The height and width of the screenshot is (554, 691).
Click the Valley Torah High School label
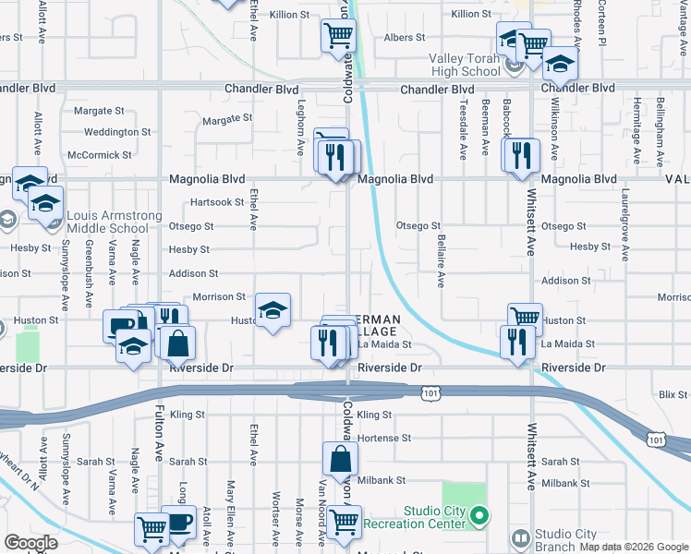[x=464, y=65]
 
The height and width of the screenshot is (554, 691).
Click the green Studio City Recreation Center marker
[x=479, y=516]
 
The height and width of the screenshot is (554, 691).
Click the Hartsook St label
[x=215, y=202]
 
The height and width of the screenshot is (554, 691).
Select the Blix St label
[x=673, y=394]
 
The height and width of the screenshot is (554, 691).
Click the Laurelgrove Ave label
[x=625, y=226]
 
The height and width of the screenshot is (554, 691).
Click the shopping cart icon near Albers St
[x=338, y=36]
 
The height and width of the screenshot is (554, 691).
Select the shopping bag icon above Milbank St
[x=341, y=457]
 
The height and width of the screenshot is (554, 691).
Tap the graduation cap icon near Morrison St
[x=273, y=310]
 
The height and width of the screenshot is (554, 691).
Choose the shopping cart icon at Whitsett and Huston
[x=525, y=318]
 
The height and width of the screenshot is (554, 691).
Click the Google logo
[x=31, y=544]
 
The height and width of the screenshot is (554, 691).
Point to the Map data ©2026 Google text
[x=633, y=547]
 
